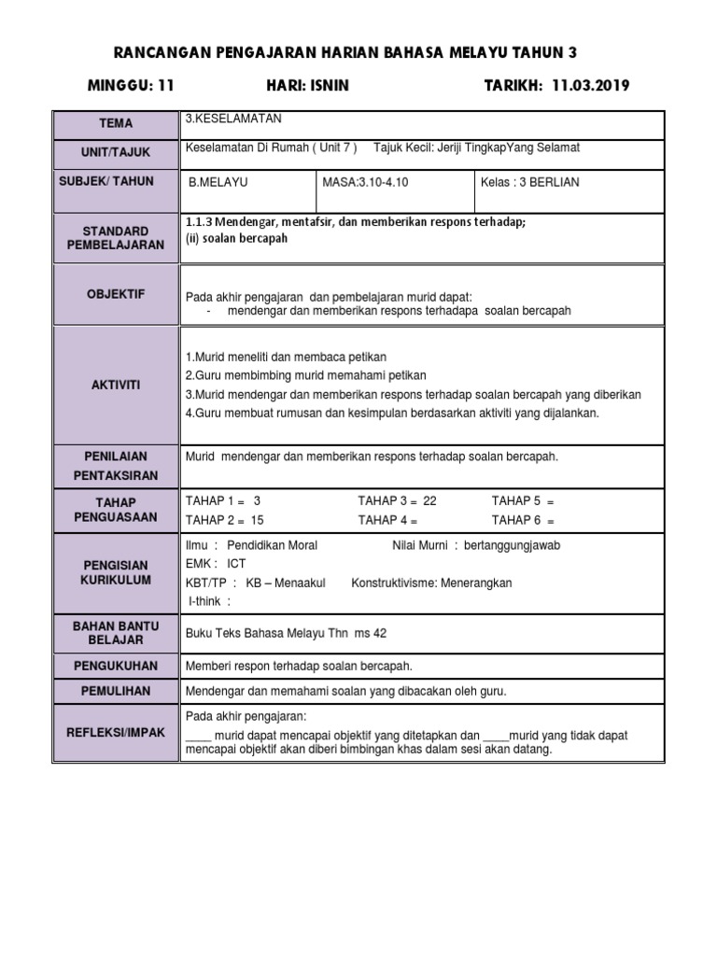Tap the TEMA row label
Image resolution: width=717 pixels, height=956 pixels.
[x=116, y=123]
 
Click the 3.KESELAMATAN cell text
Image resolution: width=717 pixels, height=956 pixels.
[x=233, y=119]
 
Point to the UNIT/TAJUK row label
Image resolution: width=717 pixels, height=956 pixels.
[x=116, y=152]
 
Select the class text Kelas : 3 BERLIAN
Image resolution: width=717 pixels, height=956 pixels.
[x=529, y=182]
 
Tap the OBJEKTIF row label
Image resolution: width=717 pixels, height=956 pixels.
[x=116, y=294]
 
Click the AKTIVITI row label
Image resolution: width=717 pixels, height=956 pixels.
[x=116, y=385]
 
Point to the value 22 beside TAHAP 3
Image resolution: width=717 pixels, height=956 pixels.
[x=429, y=500]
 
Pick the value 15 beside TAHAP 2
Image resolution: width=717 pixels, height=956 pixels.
[x=258, y=520]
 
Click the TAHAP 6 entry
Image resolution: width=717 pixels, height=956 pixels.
[x=523, y=520]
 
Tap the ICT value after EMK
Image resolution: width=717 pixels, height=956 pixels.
[x=236, y=564]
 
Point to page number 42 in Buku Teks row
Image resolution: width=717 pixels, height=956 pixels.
[x=379, y=633]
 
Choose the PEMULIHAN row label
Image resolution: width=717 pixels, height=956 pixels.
[x=116, y=691]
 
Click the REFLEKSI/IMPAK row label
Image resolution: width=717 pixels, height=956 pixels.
[x=116, y=733]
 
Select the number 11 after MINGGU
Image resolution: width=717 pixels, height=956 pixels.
[x=166, y=86]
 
